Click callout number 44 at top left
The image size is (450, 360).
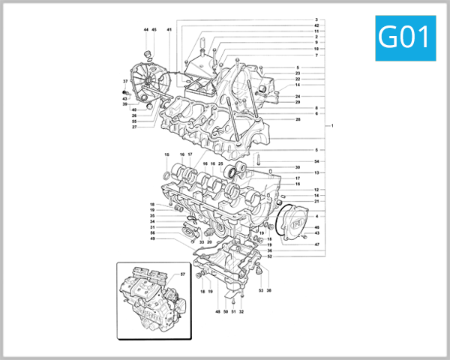[146, 30]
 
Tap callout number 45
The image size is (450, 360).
[154, 30]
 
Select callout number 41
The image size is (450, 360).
[169, 30]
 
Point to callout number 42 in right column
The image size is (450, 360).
[316, 25]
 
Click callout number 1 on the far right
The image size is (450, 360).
[333, 124]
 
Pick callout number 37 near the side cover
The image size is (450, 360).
[125, 81]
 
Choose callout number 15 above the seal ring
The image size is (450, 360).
[166, 154]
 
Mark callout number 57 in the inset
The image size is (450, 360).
[182, 274]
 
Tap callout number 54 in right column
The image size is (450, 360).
[316, 162]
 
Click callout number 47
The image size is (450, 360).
[316, 244]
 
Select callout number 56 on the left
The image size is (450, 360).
[153, 232]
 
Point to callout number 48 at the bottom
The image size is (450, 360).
[218, 311]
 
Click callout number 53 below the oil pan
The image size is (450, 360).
[261, 290]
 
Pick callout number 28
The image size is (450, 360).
[298, 120]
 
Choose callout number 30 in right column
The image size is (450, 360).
[297, 167]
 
